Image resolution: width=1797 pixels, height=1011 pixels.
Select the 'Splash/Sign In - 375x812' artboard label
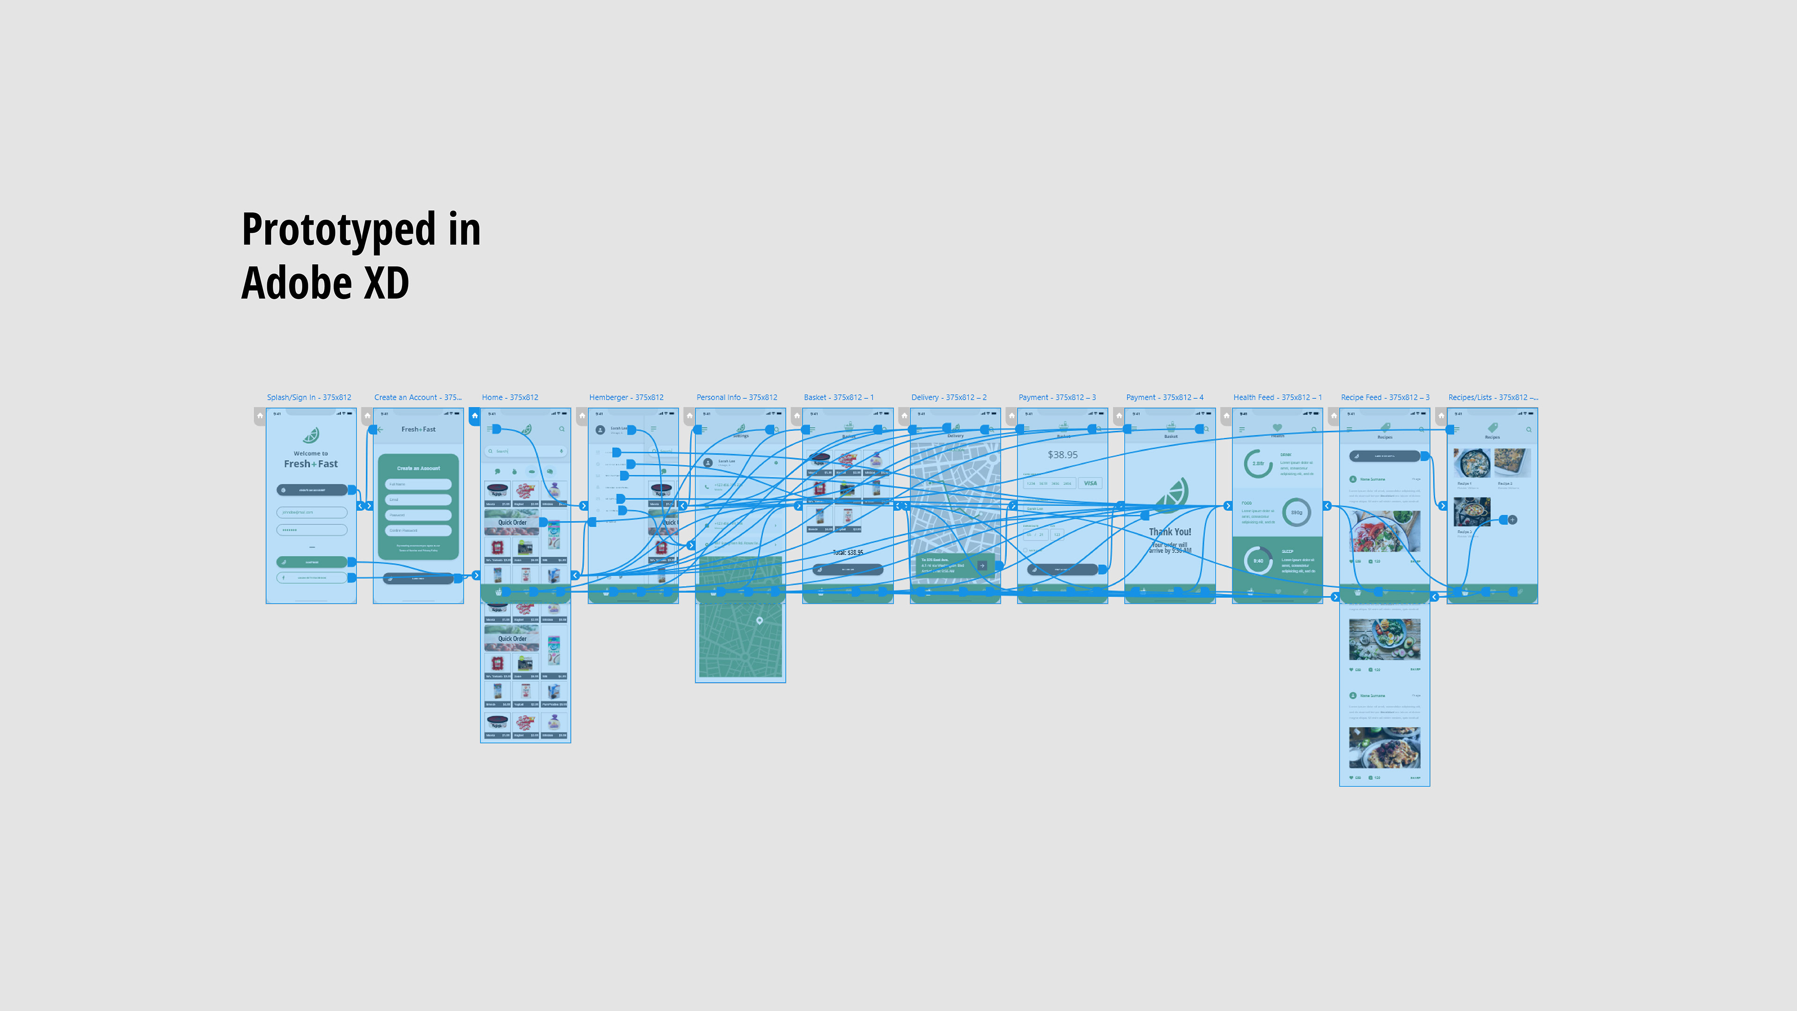click(x=308, y=397)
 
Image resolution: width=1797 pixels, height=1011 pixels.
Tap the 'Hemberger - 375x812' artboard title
click(x=626, y=397)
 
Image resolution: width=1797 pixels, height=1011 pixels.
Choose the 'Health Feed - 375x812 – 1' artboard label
click(x=1277, y=397)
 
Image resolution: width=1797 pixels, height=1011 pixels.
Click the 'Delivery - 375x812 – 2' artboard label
click(x=948, y=397)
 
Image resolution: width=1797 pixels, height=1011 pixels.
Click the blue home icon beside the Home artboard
click(x=475, y=416)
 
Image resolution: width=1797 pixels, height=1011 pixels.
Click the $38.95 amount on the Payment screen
click(x=1062, y=454)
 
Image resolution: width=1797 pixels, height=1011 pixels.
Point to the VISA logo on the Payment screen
click(x=1089, y=483)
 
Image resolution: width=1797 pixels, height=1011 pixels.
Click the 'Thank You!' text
click(x=1170, y=532)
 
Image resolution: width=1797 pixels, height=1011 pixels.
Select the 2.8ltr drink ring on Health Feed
click(x=1258, y=463)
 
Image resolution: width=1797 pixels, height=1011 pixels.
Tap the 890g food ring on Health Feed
click(x=1296, y=512)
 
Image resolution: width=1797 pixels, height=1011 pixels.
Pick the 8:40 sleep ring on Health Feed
click(x=1258, y=560)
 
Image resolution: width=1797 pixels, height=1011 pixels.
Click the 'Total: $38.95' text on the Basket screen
click(x=847, y=552)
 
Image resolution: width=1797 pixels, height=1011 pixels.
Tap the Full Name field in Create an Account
click(x=418, y=484)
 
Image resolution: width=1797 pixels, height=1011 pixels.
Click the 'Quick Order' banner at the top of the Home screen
click(x=511, y=522)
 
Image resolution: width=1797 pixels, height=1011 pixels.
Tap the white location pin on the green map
click(x=759, y=620)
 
